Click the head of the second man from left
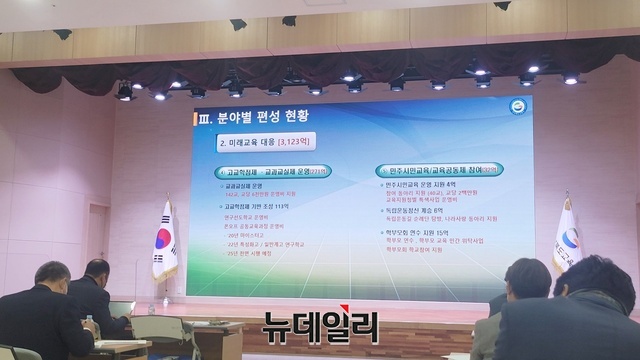(x=98, y=273)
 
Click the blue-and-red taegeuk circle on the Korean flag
(x=165, y=238)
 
